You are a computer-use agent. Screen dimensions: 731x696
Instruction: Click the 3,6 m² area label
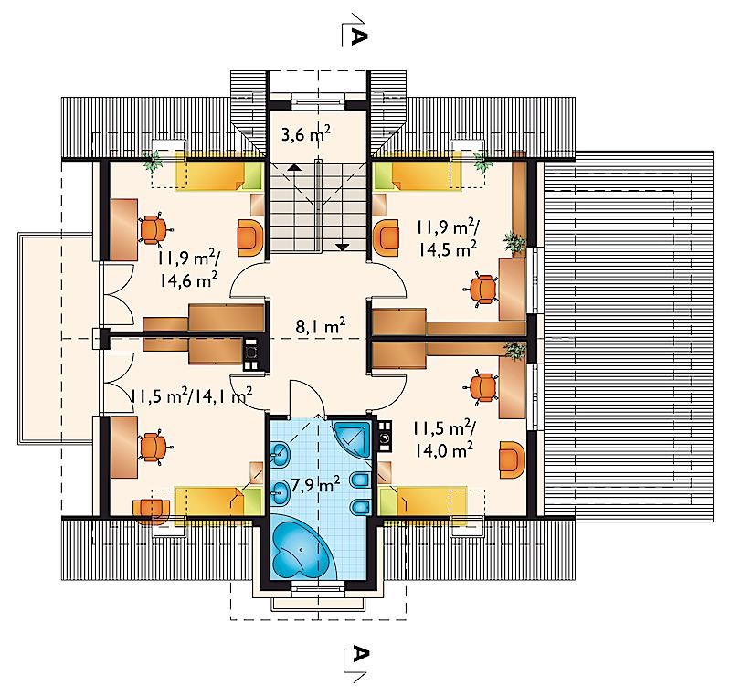pos(306,134)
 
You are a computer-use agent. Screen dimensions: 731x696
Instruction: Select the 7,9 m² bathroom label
pos(315,485)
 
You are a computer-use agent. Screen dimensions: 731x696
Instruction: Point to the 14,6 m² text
pos(189,280)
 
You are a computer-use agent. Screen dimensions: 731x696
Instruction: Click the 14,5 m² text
pos(448,248)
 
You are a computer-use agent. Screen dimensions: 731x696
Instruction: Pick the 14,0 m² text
pos(444,450)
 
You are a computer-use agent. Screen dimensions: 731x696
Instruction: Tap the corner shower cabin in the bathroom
pos(354,440)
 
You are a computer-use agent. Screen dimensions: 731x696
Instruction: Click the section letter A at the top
pos(358,37)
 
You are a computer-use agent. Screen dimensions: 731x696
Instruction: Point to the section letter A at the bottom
pos(358,654)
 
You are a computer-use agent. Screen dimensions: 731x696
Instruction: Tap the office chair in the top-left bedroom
pos(154,229)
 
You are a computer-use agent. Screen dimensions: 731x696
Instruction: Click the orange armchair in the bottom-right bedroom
pos(512,459)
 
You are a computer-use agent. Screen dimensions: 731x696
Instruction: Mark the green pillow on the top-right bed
pos(385,174)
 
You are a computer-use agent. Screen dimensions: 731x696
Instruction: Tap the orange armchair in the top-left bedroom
pos(250,238)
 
